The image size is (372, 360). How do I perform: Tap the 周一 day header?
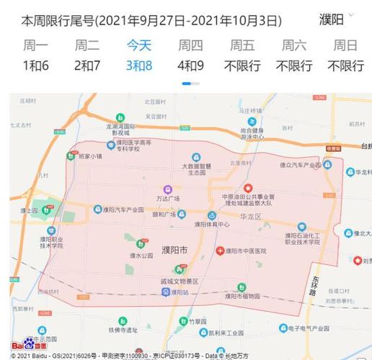pos(35,46)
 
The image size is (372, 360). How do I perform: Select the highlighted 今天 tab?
pos(139,46)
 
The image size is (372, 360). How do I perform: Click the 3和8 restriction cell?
pos(139,66)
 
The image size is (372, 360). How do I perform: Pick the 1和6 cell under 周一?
pos(35,66)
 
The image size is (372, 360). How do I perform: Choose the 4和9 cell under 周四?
pos(190,66)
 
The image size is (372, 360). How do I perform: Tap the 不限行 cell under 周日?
pos(345,66)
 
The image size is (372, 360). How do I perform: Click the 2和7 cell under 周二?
pos(87,66)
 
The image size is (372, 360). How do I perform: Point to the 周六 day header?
pos(294,46)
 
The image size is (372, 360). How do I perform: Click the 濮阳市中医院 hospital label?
pos(245,251)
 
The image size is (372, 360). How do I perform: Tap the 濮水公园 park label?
pos(141,256)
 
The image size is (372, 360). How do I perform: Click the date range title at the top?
pos(151,20)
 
